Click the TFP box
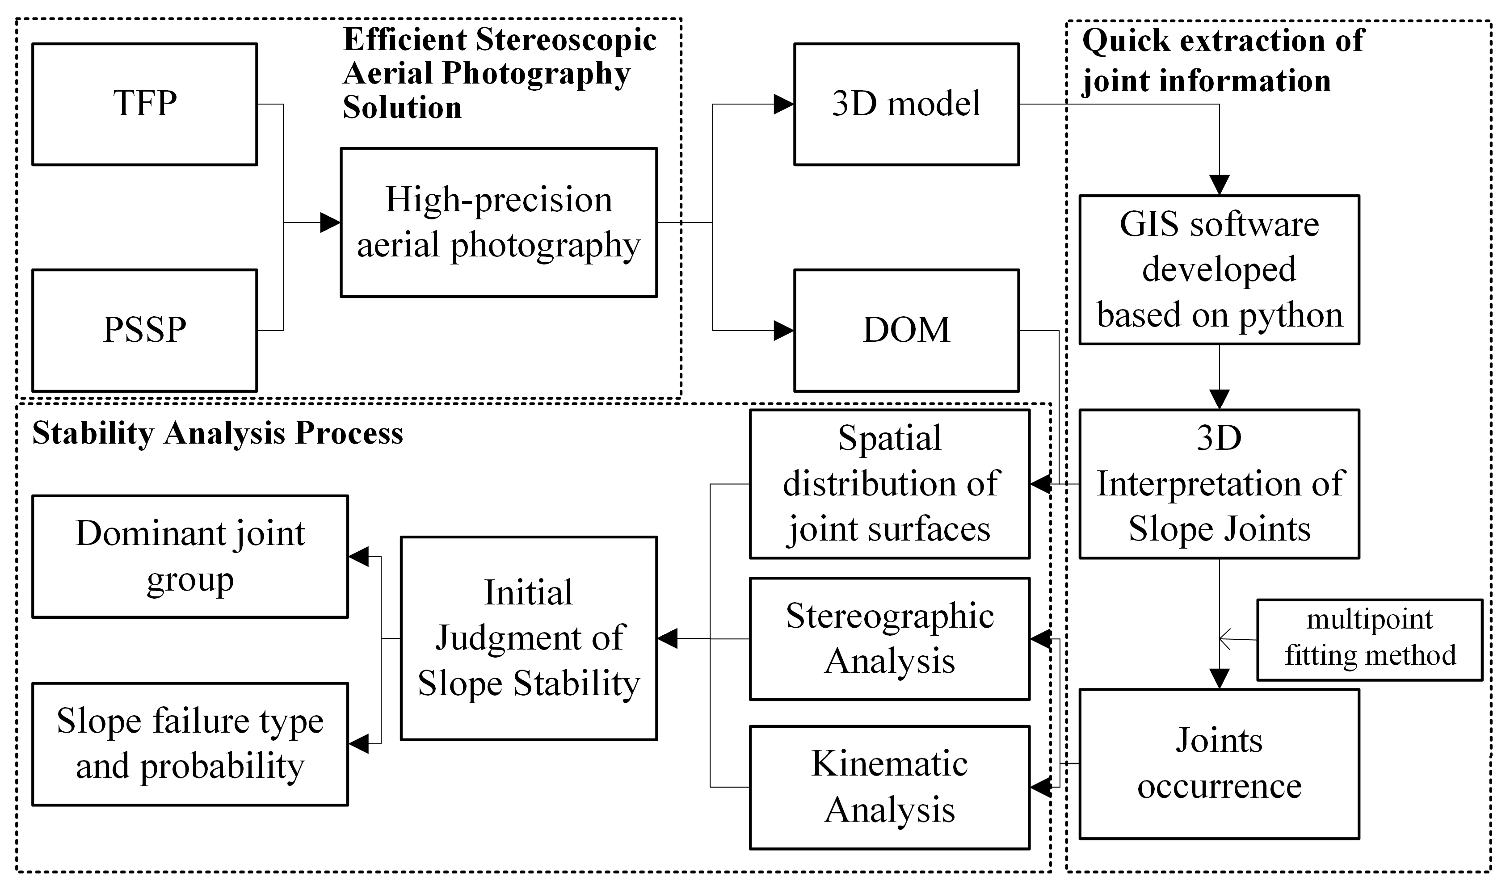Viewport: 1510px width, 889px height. [144, 104]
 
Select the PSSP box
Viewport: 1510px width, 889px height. [144, 330]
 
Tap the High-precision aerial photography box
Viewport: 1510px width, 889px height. [499, 222]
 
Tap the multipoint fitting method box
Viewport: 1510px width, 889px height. [1369, 640]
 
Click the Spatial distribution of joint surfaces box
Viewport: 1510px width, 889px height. [889, 484]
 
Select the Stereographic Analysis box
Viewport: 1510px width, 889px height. [889, 638]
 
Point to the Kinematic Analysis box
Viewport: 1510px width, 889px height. [889, 787]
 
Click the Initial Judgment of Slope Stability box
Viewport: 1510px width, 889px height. [529, 638]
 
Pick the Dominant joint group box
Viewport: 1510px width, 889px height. [190, 557]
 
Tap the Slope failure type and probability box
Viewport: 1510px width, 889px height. [190, 744]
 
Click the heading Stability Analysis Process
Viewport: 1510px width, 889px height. [218, 433]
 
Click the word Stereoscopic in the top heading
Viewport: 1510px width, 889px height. [566, 40]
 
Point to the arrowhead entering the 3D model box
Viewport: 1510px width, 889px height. [784, 104]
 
